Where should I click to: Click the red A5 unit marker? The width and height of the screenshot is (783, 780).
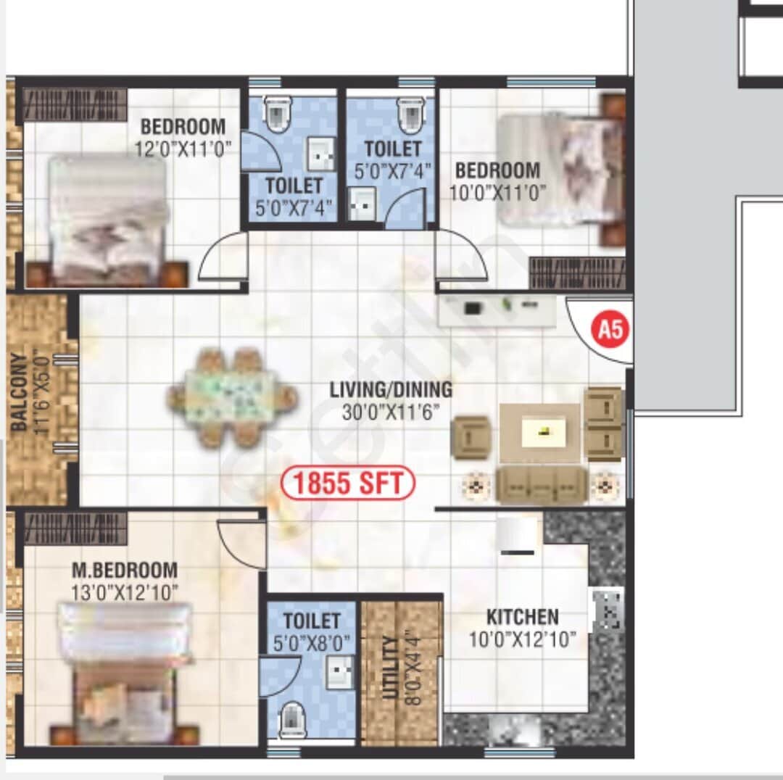610,330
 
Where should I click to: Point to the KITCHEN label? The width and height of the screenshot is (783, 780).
522,618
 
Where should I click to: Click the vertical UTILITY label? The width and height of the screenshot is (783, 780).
391,668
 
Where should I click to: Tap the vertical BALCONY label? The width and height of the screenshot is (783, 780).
20,392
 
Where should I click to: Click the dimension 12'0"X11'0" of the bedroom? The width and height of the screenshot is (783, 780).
183,149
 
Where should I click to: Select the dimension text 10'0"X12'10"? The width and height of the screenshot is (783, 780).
521,639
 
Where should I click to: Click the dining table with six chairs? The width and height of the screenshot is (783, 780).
232,397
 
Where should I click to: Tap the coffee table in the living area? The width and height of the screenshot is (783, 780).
539,433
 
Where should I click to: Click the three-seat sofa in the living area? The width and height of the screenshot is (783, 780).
541,485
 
